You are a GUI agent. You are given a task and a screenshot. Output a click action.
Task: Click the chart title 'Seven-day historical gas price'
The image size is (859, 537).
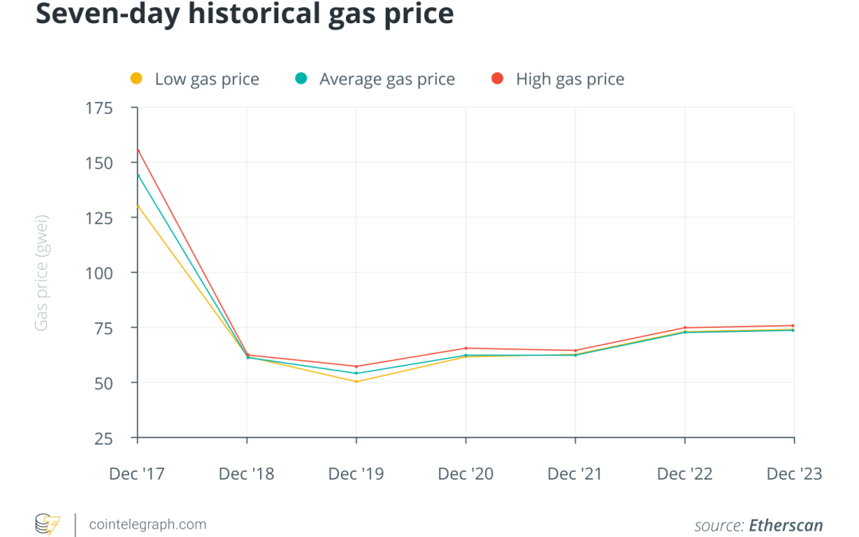tap(245, 14)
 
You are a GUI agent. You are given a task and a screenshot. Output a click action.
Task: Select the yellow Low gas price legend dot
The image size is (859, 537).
tap(137, 78)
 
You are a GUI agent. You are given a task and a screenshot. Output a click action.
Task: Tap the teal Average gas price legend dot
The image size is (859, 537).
tap(301, 78)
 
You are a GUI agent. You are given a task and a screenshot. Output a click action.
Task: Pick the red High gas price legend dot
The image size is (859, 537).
tap(497, 78)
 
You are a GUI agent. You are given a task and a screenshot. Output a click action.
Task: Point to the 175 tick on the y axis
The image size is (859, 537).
tap(99, 108)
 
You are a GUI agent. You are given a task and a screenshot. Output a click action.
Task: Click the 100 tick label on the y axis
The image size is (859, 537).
tap(99, 273)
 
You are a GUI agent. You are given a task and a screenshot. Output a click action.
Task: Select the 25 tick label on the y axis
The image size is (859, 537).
tap(103, 438)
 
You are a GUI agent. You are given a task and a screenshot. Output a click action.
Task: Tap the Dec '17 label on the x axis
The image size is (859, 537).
tap(137, 473)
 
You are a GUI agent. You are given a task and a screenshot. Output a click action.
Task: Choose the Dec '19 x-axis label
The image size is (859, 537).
tap(356, 473)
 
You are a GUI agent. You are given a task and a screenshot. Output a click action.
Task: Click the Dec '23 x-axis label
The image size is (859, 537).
tap(795, 473)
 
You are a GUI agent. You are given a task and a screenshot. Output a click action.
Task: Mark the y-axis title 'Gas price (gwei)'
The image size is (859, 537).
tap(41, 273)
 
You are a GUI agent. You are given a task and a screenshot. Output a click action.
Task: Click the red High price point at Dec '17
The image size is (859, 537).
tap(138, 150)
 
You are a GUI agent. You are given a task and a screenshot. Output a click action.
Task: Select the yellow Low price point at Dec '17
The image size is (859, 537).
tap(138, 207)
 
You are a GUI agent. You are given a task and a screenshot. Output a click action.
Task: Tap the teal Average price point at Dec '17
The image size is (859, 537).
tap(138, 176)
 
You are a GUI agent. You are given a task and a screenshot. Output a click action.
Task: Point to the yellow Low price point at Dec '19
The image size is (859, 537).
tap(356, 381)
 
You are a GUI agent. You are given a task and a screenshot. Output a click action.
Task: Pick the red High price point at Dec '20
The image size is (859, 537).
tap(465, 348)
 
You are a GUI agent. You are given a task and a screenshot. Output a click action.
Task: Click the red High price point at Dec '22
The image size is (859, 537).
tap(685, 328)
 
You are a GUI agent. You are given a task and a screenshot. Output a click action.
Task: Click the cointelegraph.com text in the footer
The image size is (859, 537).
tap(148, 524)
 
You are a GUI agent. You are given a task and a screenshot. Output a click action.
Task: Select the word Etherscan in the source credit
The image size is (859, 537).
tap(786, 525)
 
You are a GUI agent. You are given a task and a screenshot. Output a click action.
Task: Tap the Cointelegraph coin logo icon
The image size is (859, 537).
tap(48, 524)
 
